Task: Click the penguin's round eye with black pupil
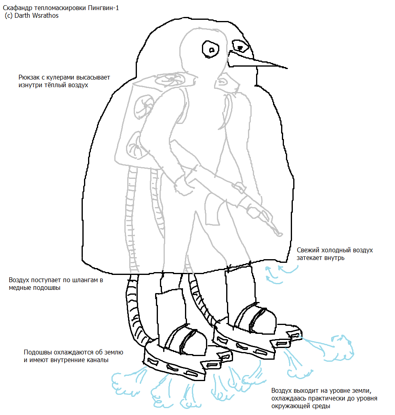[x=210, y=49]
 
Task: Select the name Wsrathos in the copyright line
[x=45, y=16]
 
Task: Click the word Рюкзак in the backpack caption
[x=29, y=77]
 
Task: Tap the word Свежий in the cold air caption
[x=307, y=250]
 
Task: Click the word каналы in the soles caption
[x=97, y=360]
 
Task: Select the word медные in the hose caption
[x=19, y=287]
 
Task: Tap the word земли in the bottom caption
[x=359, y=391]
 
